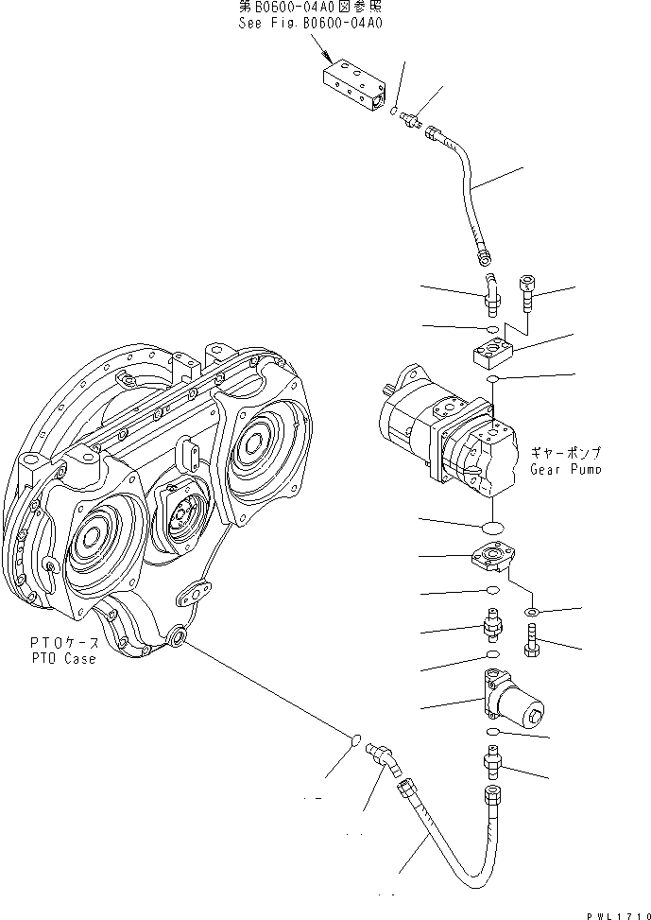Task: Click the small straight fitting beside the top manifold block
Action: tap(410, 119)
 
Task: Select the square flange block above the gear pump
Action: tap(491, 354)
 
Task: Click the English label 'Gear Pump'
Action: tap(566, 469)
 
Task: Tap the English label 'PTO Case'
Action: tap(61, 659)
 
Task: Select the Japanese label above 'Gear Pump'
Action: tap(566, 453)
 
